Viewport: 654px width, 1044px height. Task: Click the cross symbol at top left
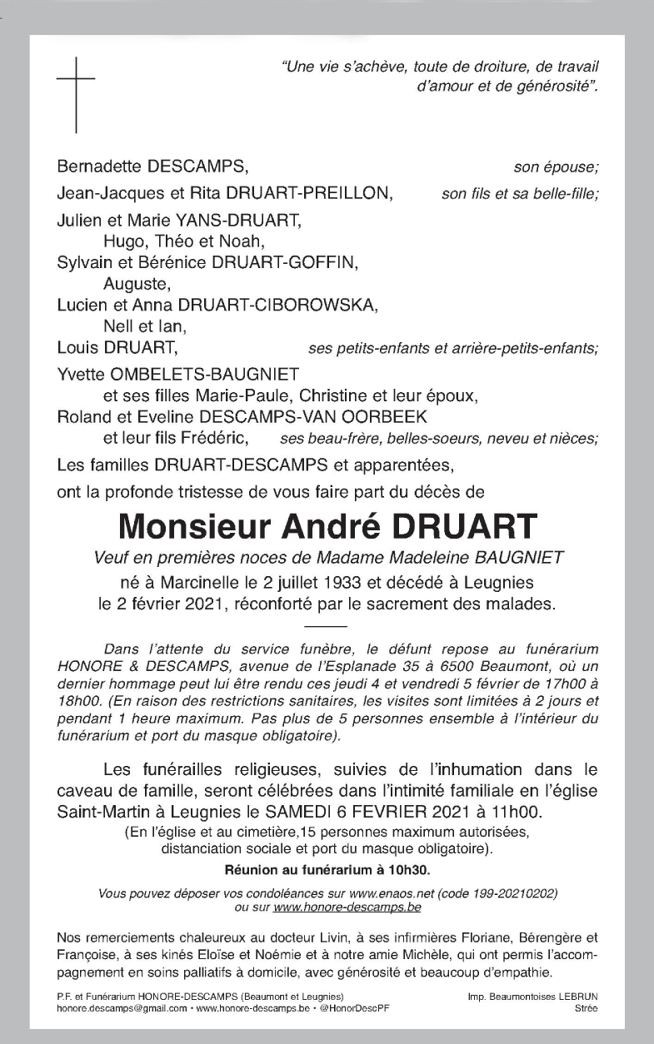coord(76,94)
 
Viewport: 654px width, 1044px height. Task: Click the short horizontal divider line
coord(327,624)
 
